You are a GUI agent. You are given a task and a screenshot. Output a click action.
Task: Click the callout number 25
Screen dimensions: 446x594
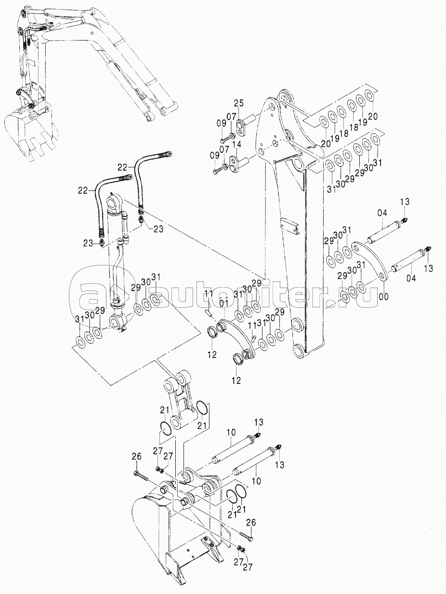(238, 104)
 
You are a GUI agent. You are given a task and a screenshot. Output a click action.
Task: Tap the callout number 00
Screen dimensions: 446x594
(383, 297)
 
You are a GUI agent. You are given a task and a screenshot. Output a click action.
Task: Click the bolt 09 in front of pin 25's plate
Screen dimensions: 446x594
(225, 140)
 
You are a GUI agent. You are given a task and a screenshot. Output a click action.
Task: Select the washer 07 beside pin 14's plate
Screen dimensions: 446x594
(224, 166)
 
